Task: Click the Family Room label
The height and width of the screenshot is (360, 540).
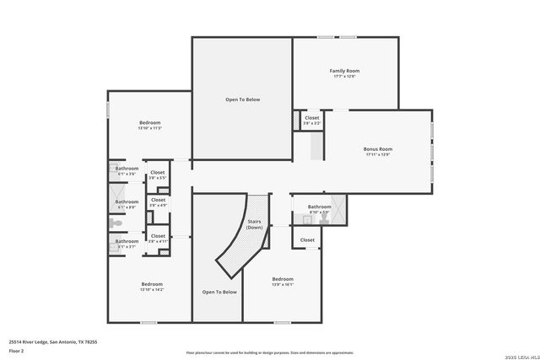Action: click(344, 71)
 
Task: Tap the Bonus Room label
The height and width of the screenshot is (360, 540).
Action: click(378, 149)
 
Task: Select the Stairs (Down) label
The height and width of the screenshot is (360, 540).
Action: click(254, 224)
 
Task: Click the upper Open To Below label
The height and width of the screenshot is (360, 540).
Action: click(242, 99)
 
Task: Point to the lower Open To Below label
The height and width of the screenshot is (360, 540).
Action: click(219, 292)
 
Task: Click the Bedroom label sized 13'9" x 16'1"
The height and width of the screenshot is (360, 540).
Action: click(283, 279)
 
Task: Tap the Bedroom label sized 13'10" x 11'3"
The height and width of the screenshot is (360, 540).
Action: click(150, 123)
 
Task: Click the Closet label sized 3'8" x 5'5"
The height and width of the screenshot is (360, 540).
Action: click(158, 174)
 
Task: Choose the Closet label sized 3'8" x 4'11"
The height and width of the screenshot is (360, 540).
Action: click(158, 236)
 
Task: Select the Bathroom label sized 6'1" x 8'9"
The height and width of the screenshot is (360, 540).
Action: click(127, 201)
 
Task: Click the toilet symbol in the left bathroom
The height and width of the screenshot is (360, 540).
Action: click(116, 224)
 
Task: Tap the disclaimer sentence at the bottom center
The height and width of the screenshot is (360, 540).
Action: click(269, 352)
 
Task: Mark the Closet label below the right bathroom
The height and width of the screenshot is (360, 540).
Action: click(307, 239)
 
